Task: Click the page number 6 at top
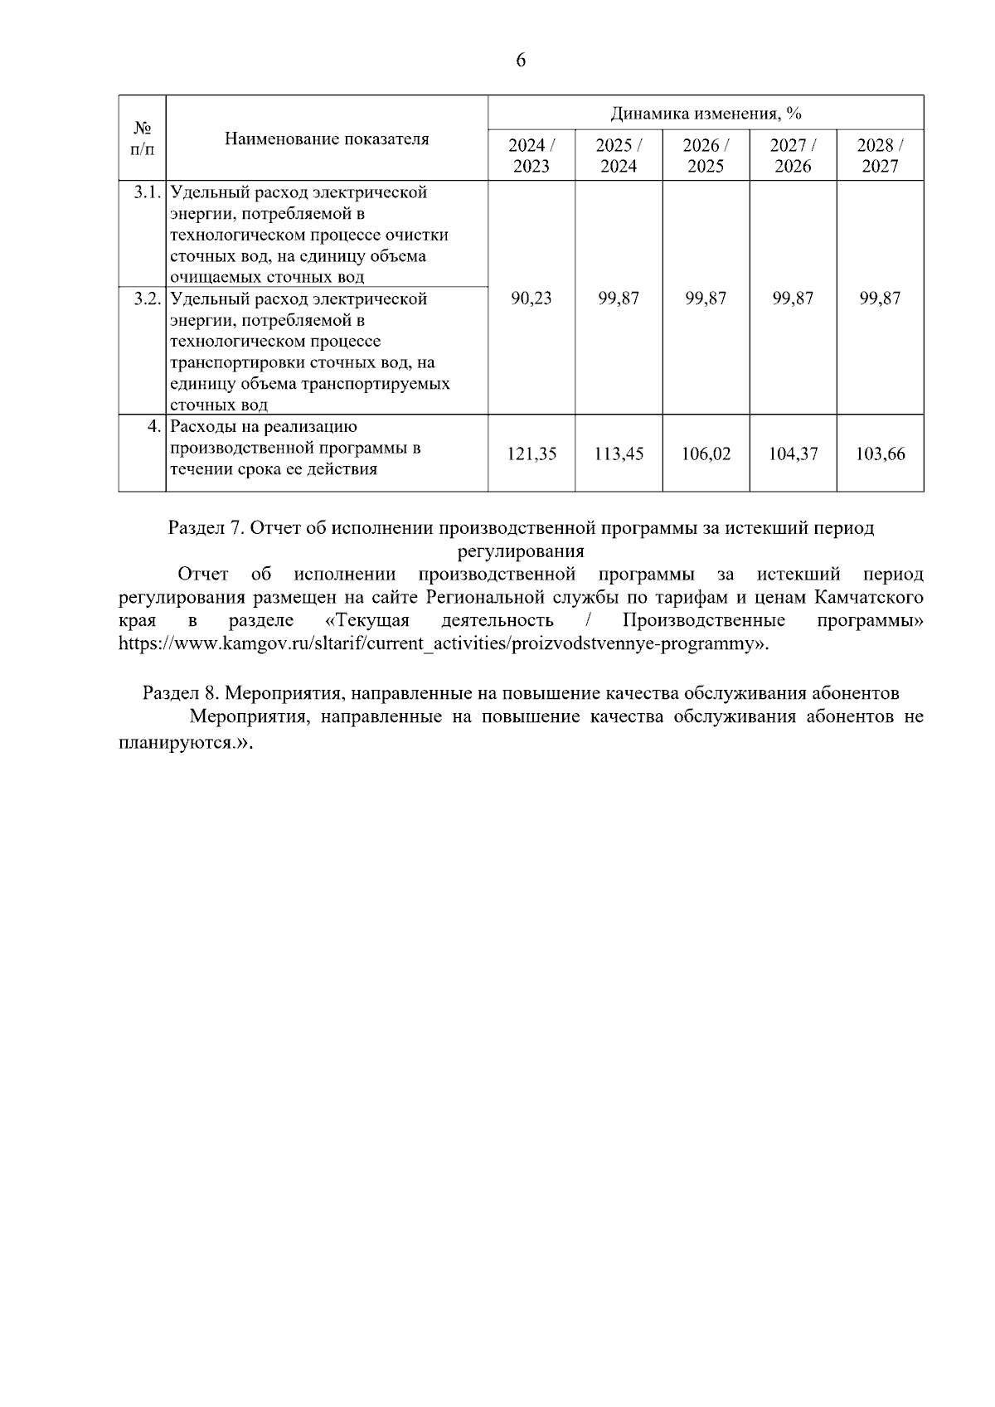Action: tap(521, 61)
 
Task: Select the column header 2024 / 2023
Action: tap(531, 155)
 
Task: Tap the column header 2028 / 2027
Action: tap(880, 155)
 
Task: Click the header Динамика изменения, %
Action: tap(706, 114)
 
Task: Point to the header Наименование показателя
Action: tap(327, 138)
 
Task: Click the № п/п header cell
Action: tap(143, 138)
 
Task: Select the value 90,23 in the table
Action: tap(531, 298)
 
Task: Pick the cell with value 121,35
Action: tap(531, 454)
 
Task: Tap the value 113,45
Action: tap(619, 454)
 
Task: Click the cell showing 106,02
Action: tap(706, 454)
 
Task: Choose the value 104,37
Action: tap(793, 454)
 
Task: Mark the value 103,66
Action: tap(880, 454)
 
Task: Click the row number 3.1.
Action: tap(147, 193)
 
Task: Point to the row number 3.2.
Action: tap(147, 298)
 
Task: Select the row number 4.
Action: tap(153, 427)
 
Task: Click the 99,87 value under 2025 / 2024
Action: tap(619, 298)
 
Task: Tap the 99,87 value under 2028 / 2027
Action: tap(880, 298)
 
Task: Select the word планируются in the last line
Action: tap(176, 743)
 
